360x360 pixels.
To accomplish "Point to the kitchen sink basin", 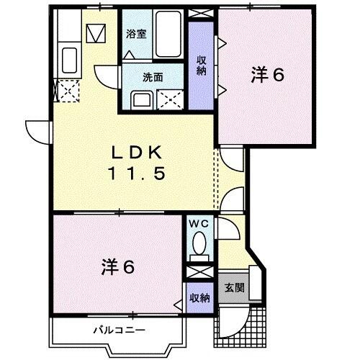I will coord(70,59).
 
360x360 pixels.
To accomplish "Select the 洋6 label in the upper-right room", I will coord(266,75).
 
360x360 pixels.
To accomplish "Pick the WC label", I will coord(197,224).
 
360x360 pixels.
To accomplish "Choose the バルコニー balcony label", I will coord(120,330).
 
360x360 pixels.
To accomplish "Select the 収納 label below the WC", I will coord(200,297).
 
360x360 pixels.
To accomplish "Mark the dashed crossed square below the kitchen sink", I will coord(68,91).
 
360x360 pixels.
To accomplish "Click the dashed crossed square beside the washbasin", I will coord(171,99).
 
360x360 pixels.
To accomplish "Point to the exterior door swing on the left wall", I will coord(36,131).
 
